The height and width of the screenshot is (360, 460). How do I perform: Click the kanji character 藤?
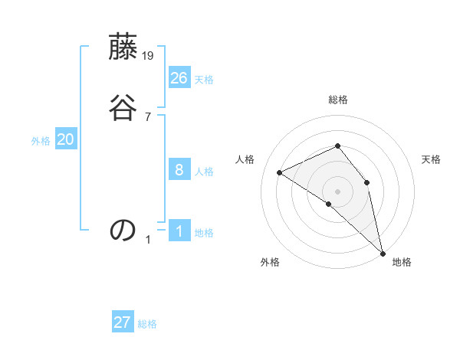pos(123,49)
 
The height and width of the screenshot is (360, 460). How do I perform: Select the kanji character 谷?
pos(123,109)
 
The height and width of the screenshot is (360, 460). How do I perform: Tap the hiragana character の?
pos(123,229)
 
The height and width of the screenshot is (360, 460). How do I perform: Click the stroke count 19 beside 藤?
pos(149,56)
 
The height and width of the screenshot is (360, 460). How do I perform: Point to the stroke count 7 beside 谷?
pos(148,116)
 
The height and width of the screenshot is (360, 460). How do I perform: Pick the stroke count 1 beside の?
pos(148,240)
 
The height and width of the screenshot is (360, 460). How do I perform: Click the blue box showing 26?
pos(179,77)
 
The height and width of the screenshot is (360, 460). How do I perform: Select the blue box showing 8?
pos(179,170)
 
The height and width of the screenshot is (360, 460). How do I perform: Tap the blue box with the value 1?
pos(179,231)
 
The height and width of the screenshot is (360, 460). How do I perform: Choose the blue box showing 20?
pos(66,139)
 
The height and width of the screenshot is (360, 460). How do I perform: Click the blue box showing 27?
pos(123,322)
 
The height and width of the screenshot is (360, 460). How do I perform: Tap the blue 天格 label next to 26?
pos(204,79)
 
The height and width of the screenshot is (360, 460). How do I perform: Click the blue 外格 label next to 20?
pos(41,141)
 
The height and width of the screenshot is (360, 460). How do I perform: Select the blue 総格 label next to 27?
pos(147,324)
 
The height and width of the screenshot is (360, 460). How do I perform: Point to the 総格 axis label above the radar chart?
pos(337,100)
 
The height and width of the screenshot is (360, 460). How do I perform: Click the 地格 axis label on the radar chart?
pos(402,262)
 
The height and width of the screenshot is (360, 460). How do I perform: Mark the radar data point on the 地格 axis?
pos(383,252)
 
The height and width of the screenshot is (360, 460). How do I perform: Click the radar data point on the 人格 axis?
pos(280,172)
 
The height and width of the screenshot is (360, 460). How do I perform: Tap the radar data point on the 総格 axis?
pos(337,146)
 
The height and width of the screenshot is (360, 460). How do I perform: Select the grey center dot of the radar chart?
pos(337,191)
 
